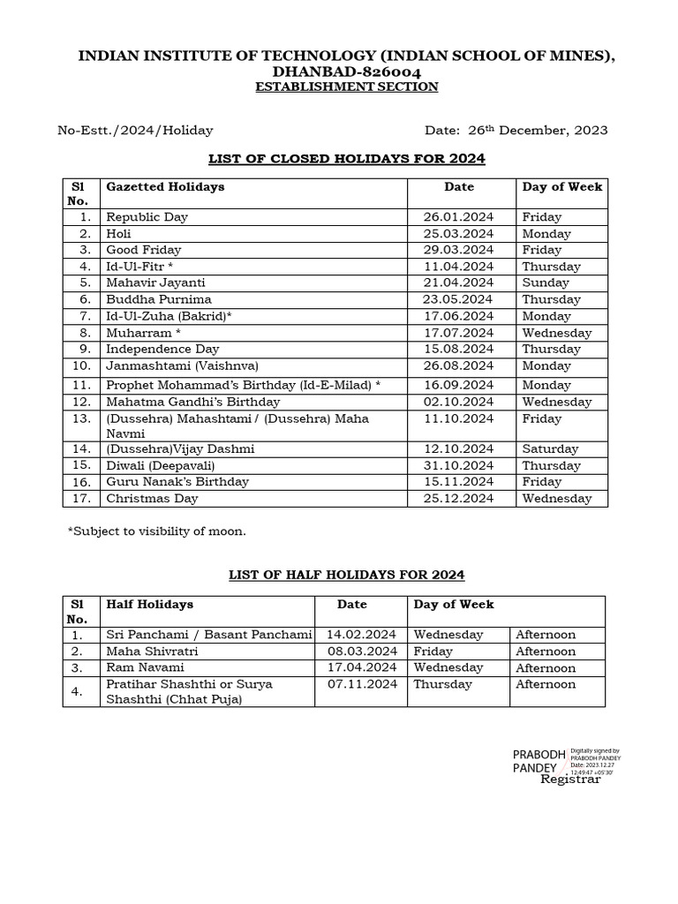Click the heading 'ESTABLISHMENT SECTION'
click(346, 87)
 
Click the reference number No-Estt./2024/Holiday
click(135, 131)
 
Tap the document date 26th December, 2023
click(516, 131)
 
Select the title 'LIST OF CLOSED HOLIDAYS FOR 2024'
click(346, 159)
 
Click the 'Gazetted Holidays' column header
click(165, 187)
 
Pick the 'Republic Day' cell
click(147, 217)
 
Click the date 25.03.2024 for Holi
click(458, 234)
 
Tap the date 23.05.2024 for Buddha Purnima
click(458, 299)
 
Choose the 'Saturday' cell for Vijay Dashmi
click(550, 449)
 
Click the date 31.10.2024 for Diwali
click(458, 466)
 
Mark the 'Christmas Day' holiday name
click(152, 499)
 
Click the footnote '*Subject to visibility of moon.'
click(157, 531)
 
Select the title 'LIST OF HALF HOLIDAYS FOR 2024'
click(346, 575)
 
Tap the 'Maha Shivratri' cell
click(152, 652)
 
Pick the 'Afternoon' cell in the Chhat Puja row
click(546, 684)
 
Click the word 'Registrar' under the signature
click(570, 780)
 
